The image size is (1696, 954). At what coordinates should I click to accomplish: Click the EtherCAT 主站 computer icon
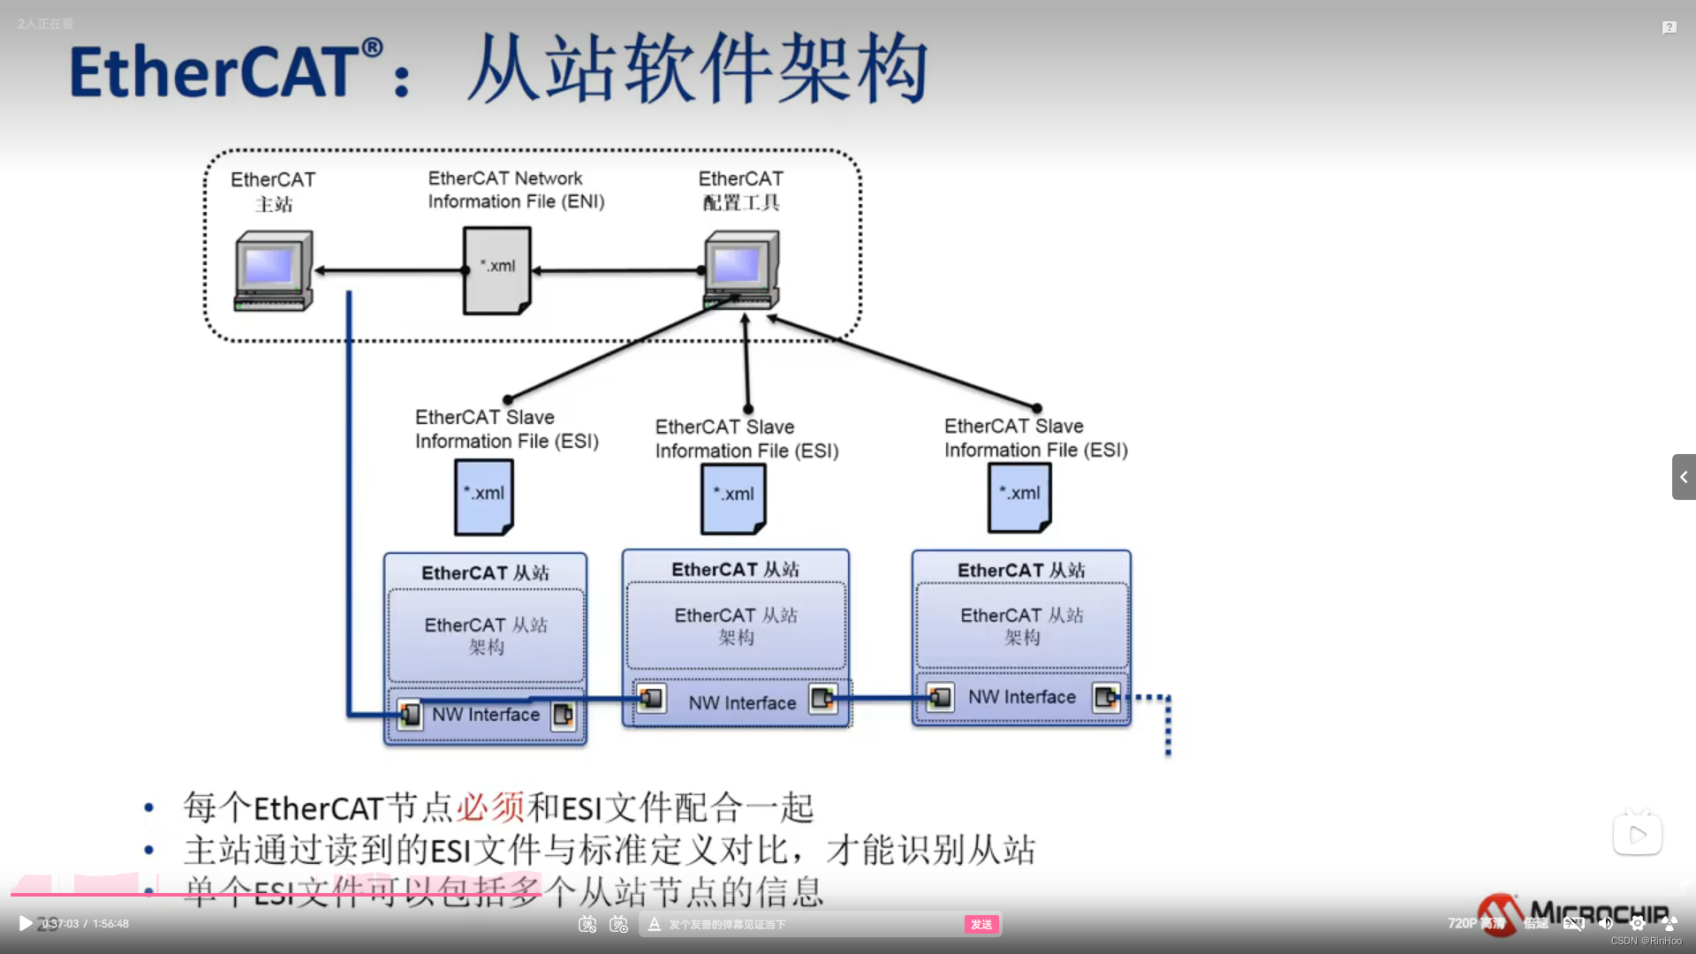point(273,270)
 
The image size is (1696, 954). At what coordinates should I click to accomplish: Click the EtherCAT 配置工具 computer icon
point(741,269)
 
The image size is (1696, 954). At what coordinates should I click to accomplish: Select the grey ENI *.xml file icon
point(497,269)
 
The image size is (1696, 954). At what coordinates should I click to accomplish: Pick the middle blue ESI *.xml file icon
point(733,497)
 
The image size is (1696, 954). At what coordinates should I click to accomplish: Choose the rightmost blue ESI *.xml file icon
point(1019,496)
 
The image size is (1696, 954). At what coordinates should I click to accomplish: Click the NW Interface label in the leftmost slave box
point(486,715)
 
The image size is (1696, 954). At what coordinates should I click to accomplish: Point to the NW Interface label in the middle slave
point(742,703)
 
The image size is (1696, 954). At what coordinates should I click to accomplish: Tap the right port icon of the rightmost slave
point(1106,698)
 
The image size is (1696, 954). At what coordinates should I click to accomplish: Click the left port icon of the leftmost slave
point(410,715)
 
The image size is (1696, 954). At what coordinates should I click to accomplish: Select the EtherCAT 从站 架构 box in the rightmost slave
point(1022,625)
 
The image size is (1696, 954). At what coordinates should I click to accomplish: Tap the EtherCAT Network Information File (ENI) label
point(516,190)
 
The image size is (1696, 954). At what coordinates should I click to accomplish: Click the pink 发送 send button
point(981,924)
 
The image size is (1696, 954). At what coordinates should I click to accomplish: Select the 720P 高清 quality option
point(1475,923)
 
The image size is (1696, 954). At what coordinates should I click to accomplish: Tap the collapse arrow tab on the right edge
point(1684,477)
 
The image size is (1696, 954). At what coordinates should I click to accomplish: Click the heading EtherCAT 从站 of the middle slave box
point(735,570)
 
